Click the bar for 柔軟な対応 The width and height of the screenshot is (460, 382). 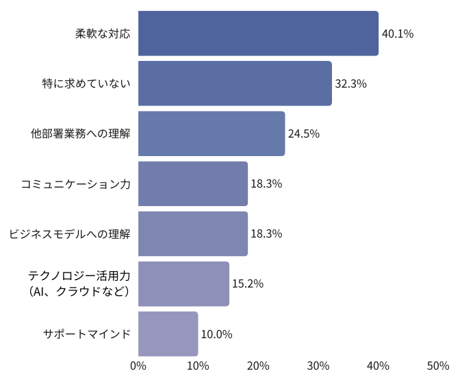[x=258, y=34]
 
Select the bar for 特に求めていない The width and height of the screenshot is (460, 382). [x=235, y=84]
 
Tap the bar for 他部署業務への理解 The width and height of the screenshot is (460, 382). [x=212, y=133]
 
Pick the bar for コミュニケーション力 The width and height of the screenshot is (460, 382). [x=192, y=183]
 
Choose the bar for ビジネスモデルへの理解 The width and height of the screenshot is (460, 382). [x=192, y=233]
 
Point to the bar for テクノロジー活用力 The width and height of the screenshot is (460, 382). [x=183, y=283]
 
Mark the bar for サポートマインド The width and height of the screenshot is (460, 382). [x=168, y=334]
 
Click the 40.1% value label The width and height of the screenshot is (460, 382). [x=398, y=34]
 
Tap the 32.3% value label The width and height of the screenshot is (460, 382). [x=350, y=84]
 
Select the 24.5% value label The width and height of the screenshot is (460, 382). [x=304, y=133]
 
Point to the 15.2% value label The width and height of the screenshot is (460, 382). [x=248, y=283]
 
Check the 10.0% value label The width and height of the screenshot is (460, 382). [x=216, y=334]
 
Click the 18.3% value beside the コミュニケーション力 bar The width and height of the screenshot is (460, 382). [x=266, y=183]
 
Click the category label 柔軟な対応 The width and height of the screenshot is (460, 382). [x=103, y=34]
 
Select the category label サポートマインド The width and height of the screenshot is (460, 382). [x=86, y=334]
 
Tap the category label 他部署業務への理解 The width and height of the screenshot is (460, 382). [x=80, y=133]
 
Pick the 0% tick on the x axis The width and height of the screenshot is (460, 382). [x=138, y=366]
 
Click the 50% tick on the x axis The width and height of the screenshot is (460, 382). [x=438, y=366]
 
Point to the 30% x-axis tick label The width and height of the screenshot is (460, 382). [x=318, y=366]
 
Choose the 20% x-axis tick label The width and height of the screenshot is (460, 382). [x=258, y=366]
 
